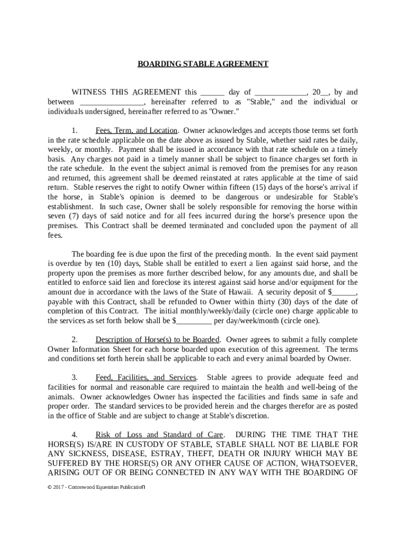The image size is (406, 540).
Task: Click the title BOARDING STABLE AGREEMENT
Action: click(x=203, y=64)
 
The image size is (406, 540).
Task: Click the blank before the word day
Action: click(x=212, y=93)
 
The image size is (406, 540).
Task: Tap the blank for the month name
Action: click(x=281, y=93)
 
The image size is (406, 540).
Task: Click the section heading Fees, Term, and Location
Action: click(x=136, y=130)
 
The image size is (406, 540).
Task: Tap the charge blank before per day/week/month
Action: click(x=196, y=321)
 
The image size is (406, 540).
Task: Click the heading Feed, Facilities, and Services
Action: click(x=146, y=378)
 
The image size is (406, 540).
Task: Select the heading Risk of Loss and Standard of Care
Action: click(x=159, y=435)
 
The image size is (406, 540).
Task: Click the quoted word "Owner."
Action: click(x=225, y=111)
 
